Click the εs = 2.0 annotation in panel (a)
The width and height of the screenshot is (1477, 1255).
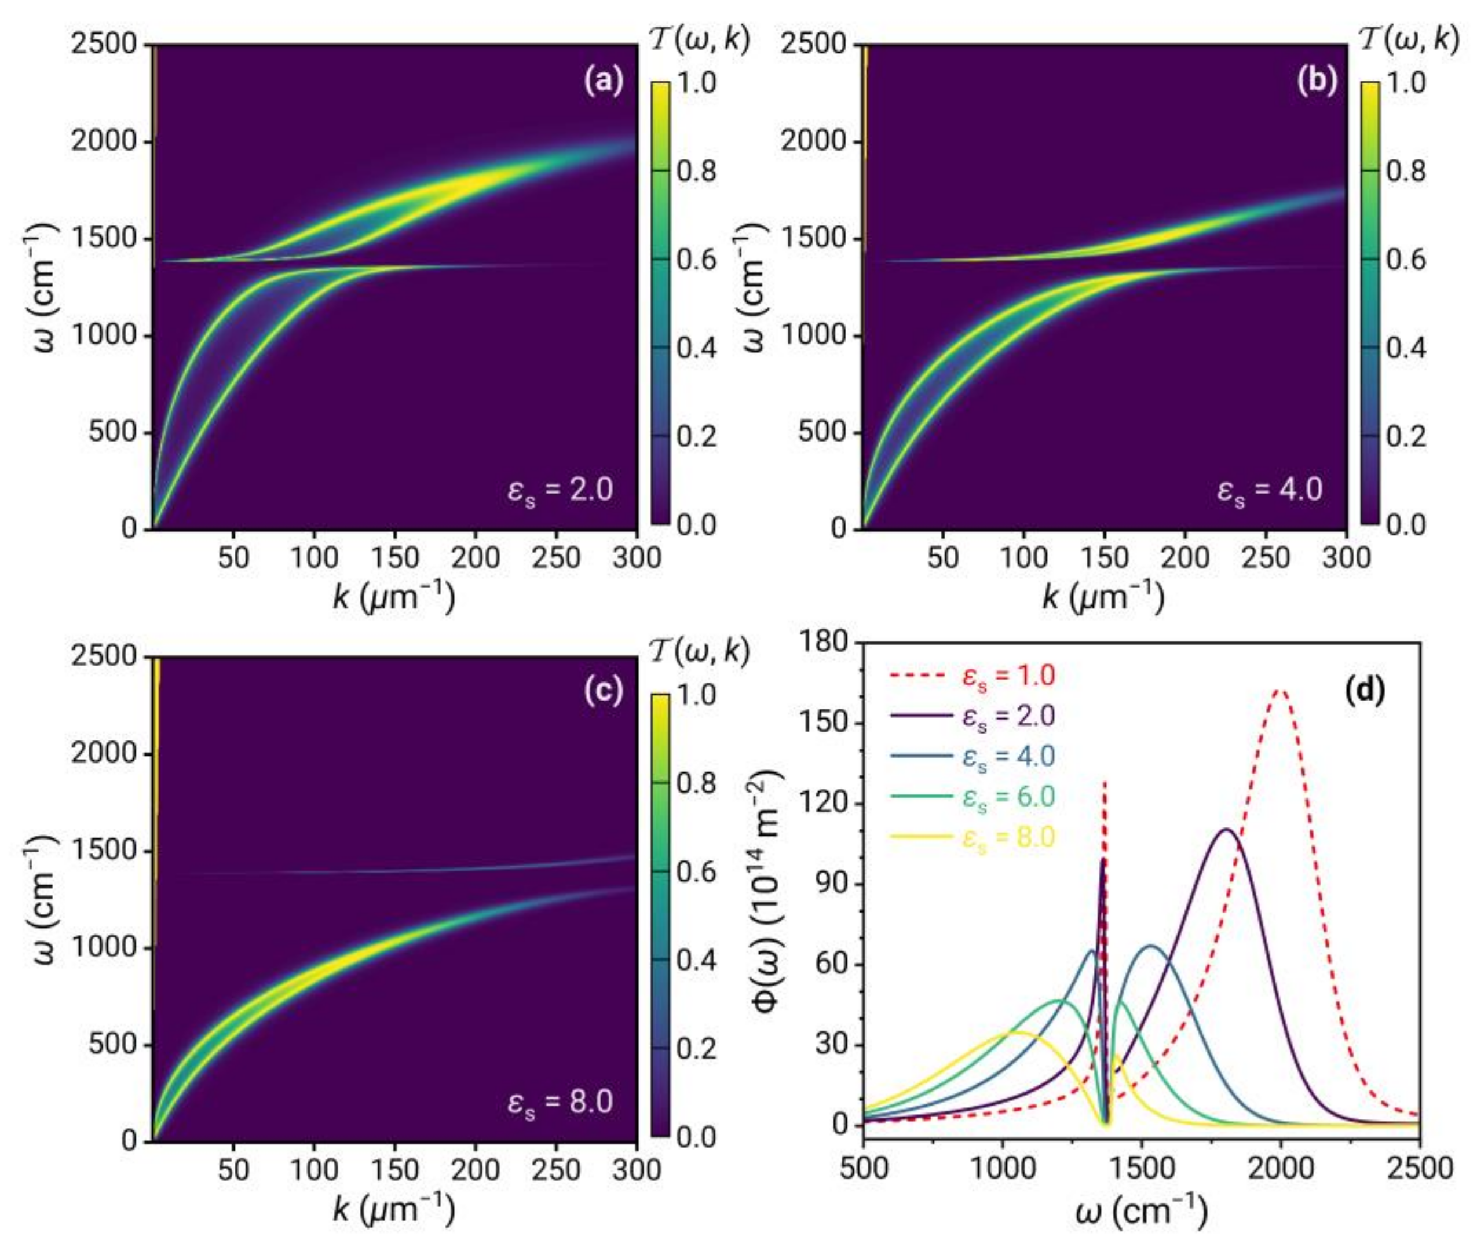click(x=560, y=491)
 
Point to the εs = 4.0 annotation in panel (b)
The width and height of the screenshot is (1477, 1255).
click(x=1270, y=491)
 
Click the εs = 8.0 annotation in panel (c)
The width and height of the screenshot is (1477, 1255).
click(x=560, y=1102)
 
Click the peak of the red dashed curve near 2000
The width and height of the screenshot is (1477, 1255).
click(x=1279, y=690)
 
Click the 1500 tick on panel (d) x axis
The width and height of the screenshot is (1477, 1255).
click(x=1142, y=1168)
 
